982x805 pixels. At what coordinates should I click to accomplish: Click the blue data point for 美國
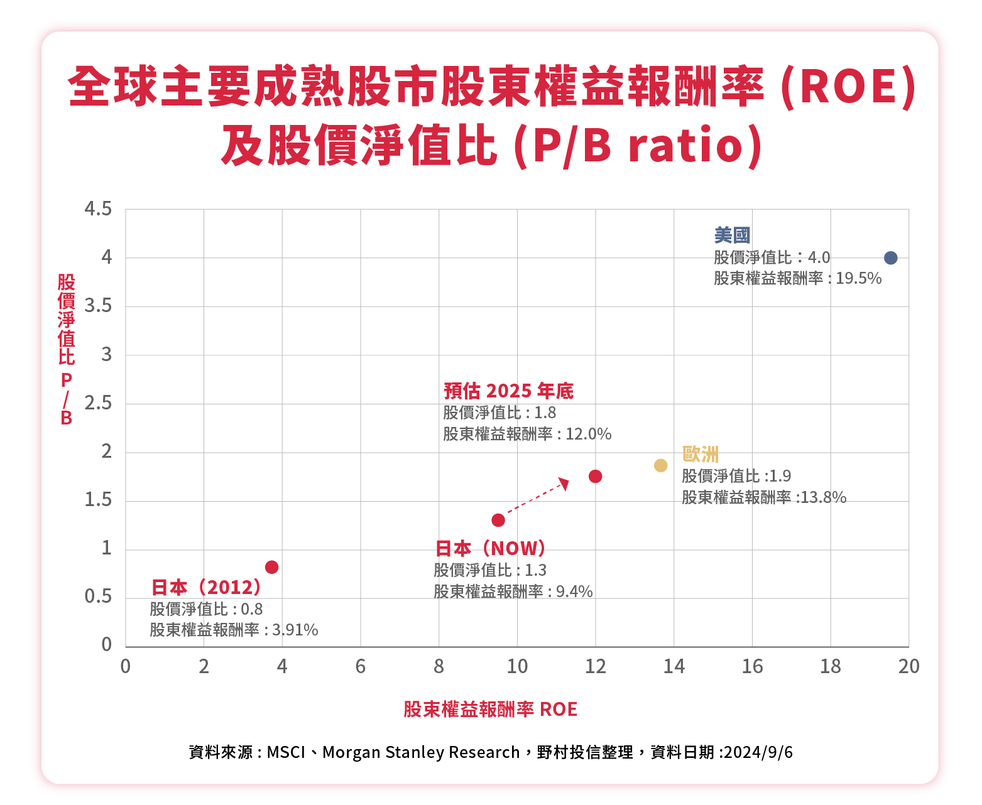point(890,258)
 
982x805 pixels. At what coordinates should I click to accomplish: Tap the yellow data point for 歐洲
point(660,465)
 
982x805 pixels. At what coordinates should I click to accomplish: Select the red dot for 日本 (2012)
point(271,568)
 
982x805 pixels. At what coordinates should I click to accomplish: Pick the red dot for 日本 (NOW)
point(498,520)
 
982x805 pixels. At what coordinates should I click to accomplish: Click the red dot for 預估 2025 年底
point(595,477)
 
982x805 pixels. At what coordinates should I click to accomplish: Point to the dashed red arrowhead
point(564,483)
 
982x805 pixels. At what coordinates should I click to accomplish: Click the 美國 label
point(732,235)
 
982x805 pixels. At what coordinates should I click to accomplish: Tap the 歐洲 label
point(700,454)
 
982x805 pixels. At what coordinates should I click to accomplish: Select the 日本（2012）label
point(206,588)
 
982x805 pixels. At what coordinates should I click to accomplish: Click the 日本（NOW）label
point(490,549)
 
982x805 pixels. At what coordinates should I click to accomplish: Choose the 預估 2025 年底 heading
point(508,391)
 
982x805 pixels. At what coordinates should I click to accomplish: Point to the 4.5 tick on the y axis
point(98,209)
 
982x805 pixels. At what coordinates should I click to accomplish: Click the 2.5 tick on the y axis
point(98,403)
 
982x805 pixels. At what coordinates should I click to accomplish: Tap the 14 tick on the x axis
point(674,667)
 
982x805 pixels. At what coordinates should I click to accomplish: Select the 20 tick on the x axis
point(908,667)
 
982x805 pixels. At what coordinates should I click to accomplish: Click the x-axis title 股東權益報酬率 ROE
point(490,710)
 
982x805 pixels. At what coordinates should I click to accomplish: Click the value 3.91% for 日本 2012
point(295,630)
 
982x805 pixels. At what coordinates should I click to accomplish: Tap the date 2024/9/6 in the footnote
point(758,752)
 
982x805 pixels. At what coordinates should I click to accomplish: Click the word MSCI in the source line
point(286,752)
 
